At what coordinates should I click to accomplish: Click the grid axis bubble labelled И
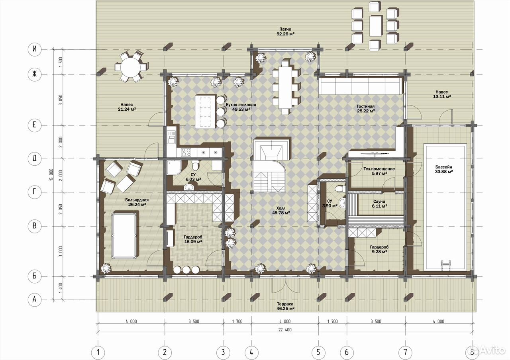click(35, 49)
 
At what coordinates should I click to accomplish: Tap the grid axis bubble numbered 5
click(318, 352)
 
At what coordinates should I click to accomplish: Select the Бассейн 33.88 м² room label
click(444, 169)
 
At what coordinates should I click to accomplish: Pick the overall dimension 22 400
click(285, 330)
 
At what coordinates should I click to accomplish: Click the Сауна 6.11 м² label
click(379, 203)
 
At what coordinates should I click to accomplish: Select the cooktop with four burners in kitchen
click(186, 152)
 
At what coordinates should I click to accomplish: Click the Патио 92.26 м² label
click(285, 31)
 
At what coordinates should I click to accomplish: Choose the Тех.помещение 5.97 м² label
click(379, 171)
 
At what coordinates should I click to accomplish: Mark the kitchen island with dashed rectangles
click(205, 112)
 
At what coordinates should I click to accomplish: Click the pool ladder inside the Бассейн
click(446, 265)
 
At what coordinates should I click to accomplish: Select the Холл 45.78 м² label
click(281, 211)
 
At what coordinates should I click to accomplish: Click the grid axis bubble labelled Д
click(35, 158)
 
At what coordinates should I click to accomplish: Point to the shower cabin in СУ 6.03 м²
click(174, 168)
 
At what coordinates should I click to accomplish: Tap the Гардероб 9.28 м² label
click(379, 249)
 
